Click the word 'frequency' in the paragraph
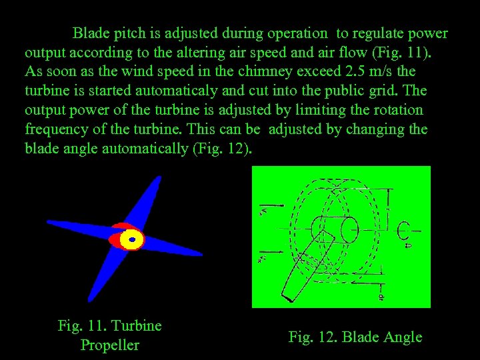[x=55, y=129]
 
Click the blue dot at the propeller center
[x=132, y=239]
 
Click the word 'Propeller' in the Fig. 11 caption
[x=110, y=345]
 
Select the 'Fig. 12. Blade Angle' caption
[x=355, y=337]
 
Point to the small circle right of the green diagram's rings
[x=402, y=231]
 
